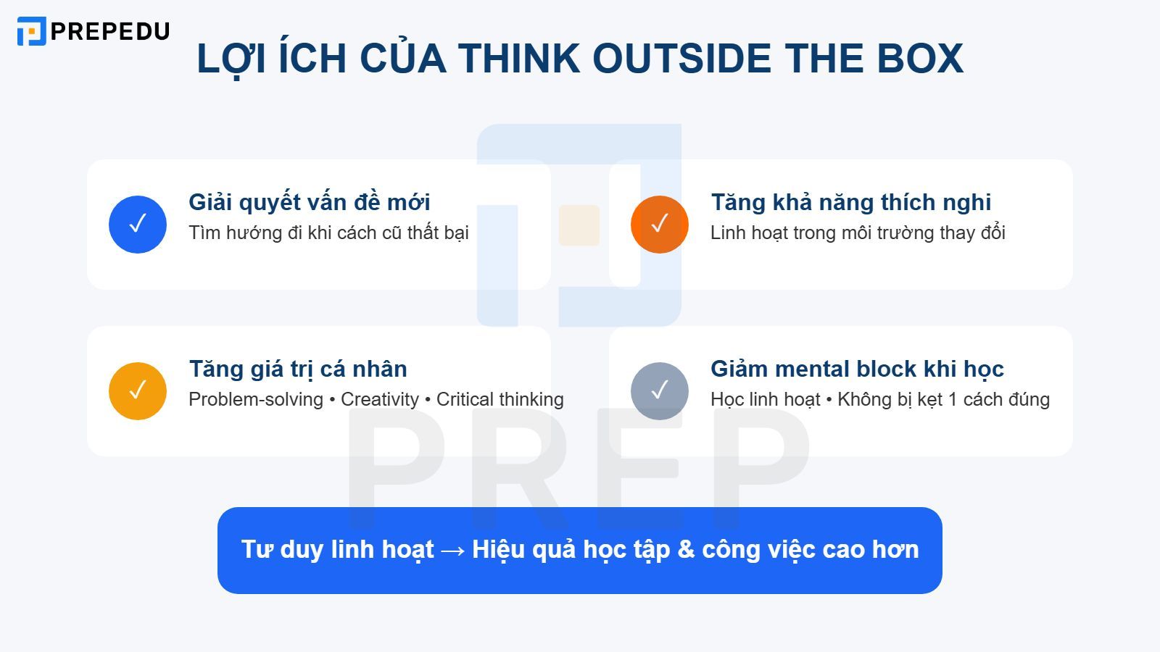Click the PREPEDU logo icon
(31, 31)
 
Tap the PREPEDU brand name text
(110, 31)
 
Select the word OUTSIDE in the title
(681, 59)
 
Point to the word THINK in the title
(518, 59)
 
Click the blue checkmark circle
(138, 225)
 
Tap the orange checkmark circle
(660, 225)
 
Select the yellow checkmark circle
(138, 391)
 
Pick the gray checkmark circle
(660, 391)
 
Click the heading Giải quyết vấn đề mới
(310, 202)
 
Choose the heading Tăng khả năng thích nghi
(850, 202)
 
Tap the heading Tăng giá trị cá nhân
(298, 369)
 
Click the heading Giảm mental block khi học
(857, 369)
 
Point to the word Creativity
(380, 399)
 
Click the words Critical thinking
(500, 399)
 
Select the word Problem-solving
(256, 399)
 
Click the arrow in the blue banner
(453, 551)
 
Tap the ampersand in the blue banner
(686, 550)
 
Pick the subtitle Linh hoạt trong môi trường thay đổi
(858, 233)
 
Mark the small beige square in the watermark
(579, 225)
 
